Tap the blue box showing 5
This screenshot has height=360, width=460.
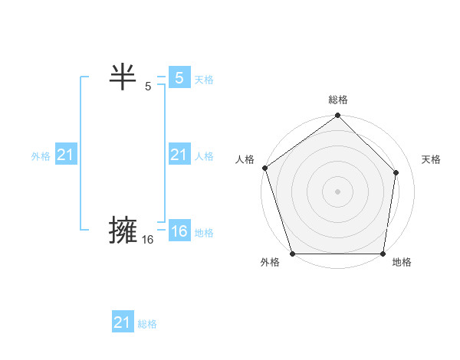coord(179,78)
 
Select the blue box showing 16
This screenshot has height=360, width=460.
coord(179,231)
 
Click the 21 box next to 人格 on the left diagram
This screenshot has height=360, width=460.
coord(179,155)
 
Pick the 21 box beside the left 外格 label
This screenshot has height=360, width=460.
coord(65,155)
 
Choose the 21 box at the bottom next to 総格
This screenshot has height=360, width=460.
coord(122,322)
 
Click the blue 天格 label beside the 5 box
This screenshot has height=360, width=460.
coord(204,80)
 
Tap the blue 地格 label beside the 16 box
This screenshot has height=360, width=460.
coord(204,233)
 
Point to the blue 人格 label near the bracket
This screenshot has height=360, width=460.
coord(204,156)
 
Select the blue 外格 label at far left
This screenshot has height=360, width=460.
coord(41,156)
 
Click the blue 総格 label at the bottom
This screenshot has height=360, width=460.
coord(147,324)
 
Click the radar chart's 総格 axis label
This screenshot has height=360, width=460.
coord(338,100)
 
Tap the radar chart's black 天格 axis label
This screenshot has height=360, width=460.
coord(431,159)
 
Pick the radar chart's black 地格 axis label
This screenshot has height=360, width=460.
coord(402,262)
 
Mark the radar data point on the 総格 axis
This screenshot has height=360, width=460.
coord(338,116)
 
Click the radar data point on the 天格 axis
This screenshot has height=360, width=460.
coord(396,173)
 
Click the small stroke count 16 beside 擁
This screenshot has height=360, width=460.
coord(148,240)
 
